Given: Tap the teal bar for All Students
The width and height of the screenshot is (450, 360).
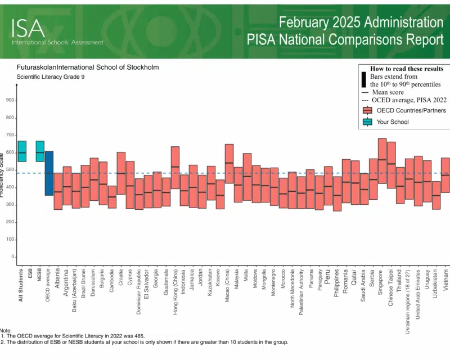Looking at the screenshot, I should [x=22, y=151].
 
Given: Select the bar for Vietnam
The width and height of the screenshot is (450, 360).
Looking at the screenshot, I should [x=445, y=175].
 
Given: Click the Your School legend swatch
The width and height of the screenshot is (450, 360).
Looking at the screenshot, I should [x=367, y=121].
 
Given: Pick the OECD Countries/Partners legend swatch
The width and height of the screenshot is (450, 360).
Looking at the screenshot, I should [x=367, y=110].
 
